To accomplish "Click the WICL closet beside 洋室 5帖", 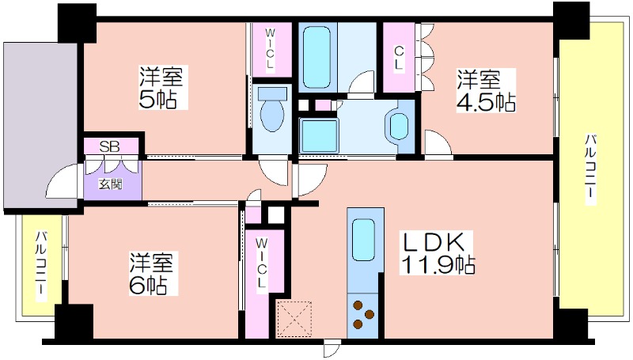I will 269,50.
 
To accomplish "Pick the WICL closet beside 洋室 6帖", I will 261,269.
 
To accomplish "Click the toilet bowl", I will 271,114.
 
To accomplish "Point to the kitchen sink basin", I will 363,237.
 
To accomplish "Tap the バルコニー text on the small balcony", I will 40,265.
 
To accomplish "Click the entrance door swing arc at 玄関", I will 62,187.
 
